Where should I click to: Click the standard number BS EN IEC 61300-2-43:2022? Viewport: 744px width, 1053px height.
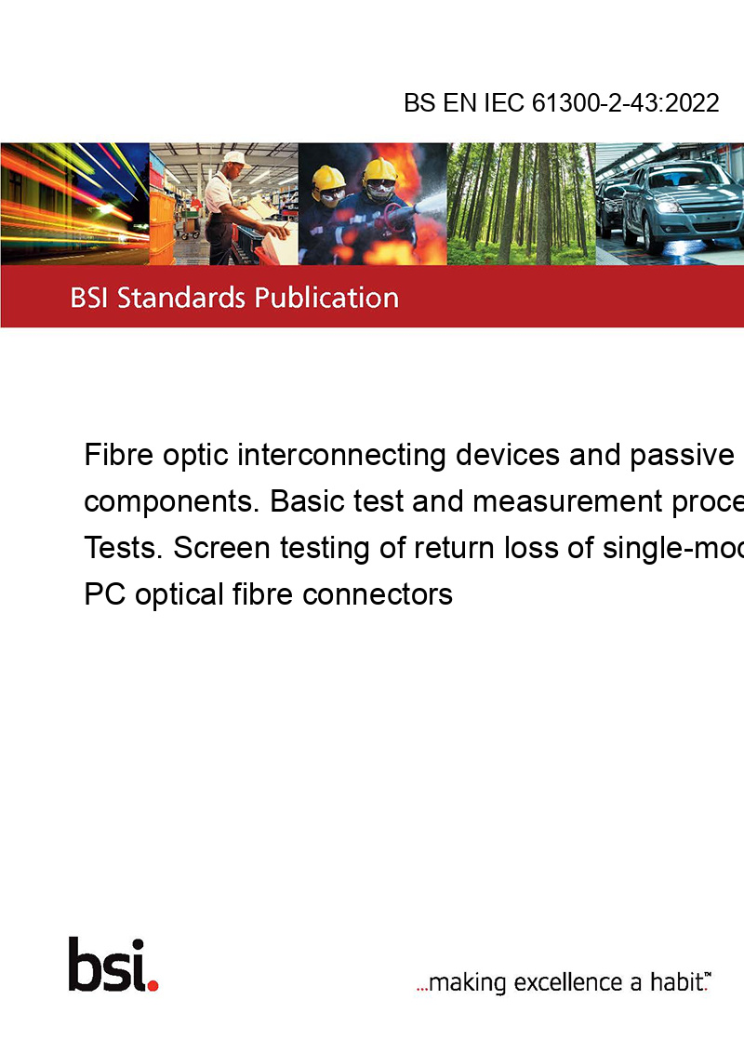click(562, 102)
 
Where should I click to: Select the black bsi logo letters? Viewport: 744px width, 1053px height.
click(107, 964)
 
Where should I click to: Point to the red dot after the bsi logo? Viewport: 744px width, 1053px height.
click(153, 985)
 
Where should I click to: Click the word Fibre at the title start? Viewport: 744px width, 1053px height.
click(119, 455)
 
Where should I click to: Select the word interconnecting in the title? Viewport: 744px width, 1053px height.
click(341, 455)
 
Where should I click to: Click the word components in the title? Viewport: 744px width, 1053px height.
click(171, 502)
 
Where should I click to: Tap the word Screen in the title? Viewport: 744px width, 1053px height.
click(222, 548)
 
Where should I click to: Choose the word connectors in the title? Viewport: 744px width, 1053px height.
click(378, 594)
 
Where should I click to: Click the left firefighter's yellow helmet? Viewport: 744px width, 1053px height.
click(328, 178)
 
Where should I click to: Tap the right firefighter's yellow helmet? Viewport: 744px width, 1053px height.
click(379, 168)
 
